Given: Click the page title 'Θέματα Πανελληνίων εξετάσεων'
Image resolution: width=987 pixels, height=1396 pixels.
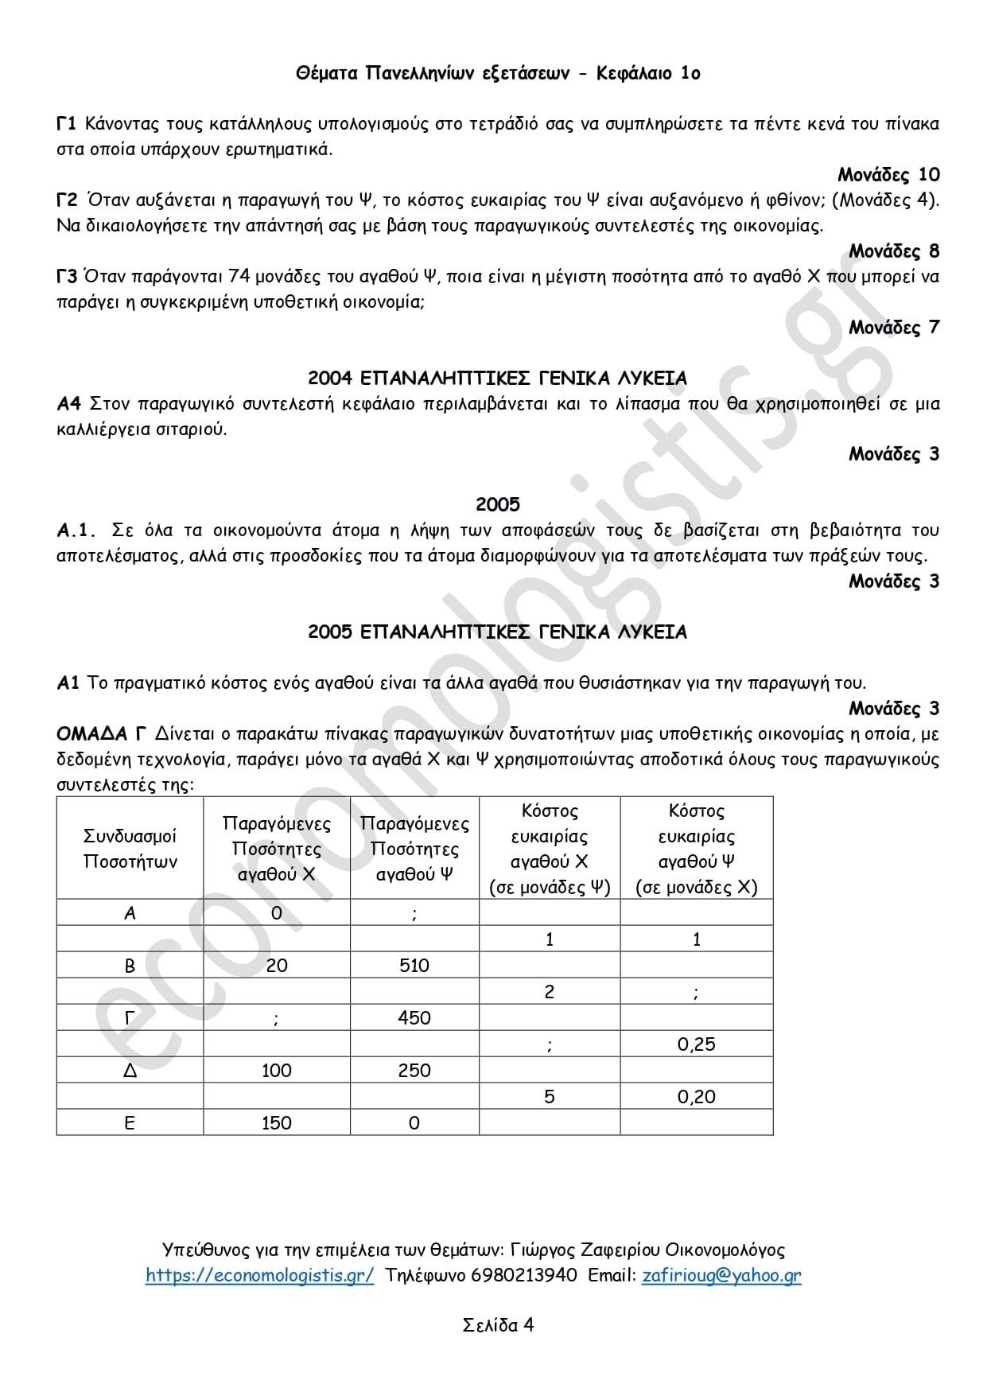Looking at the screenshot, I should point(433,73).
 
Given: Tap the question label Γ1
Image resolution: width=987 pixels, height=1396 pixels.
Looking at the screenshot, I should point(66,124).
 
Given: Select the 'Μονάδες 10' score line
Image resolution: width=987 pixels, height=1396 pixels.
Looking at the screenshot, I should point(888,175).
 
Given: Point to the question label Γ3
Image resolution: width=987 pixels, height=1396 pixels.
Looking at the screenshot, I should point(66,277).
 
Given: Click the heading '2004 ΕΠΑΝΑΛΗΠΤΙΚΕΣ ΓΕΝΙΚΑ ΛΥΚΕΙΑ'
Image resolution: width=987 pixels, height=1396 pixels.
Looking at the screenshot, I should point(497,378).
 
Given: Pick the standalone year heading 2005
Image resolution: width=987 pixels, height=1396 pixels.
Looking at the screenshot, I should point(497,504).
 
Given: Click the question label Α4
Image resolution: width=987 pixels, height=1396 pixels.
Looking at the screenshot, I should point(68,403).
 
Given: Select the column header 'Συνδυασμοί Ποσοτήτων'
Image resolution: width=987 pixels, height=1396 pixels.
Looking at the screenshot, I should point(130,849).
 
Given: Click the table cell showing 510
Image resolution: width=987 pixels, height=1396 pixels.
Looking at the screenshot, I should point(414,966).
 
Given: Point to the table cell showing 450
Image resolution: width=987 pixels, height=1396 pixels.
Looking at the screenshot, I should point(414,1018).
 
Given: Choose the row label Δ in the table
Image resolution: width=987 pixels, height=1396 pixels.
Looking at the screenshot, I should point(130,1071).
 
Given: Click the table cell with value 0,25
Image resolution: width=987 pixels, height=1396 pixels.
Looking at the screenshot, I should point(696,1044).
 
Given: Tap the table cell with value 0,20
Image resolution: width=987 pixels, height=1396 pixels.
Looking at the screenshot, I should point(696,1097).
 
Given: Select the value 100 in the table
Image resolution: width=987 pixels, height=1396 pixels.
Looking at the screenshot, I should point(276,1071).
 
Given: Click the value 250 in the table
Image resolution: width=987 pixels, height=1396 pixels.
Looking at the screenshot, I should point(414,1071).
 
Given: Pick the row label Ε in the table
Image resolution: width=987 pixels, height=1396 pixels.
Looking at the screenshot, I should point(130,1123).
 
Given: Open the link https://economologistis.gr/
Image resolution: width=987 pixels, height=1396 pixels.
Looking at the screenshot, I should point(259,1275).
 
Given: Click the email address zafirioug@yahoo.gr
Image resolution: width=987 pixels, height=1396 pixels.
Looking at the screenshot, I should point(721,1275).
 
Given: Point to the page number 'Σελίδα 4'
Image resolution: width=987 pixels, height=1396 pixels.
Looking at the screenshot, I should point(498,1325).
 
